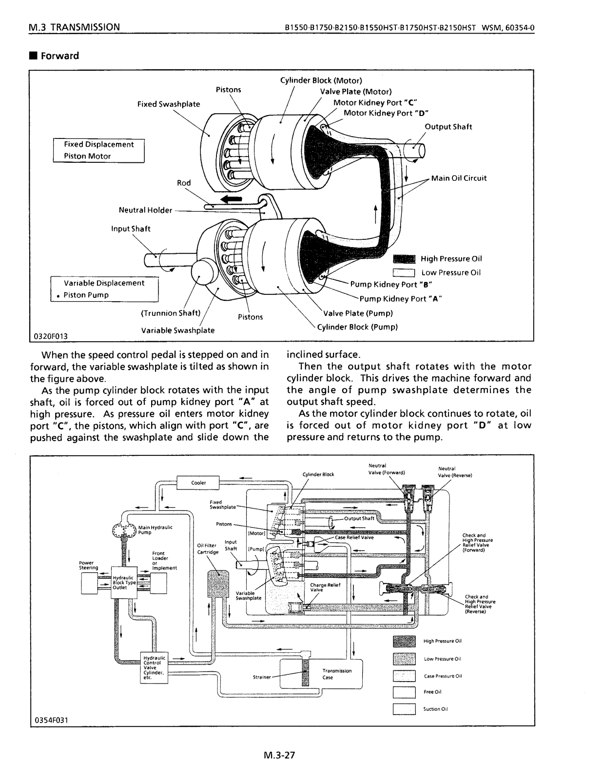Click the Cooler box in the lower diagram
tap(198, 483)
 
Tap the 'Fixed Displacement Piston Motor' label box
tap(98, 150)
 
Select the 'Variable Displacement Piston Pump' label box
tap(104, 289)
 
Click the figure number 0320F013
tap(51, 336)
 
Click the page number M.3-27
tap(279, 756)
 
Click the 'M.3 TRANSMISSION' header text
tap(74, 27)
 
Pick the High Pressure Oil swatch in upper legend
tap(404, 259)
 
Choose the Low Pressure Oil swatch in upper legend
tap(404, 273)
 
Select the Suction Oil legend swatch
tap(404, 709)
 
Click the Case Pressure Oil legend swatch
tap(404, 676)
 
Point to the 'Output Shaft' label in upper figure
tap(448, 127)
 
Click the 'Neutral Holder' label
tap(145, 210)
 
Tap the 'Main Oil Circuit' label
tap(459, 178)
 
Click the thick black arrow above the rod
tap(231, 199)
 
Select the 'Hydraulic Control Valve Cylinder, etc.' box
tap(154, 667)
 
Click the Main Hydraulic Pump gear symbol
tap(124, 529)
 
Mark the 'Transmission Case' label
tap(336, 674)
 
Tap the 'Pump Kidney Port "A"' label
tap(400, 299)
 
